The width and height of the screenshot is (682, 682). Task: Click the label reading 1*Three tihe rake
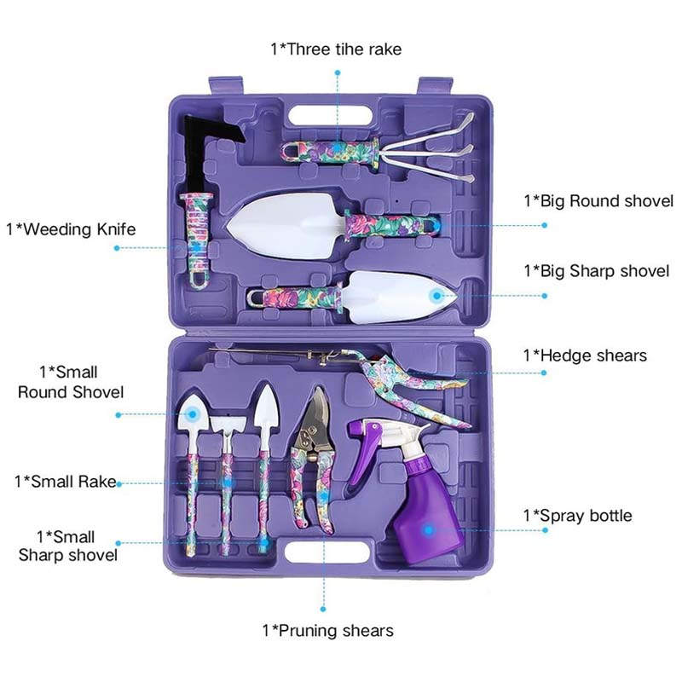coord(336,49)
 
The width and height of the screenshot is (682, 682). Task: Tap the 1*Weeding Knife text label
coord(71,229)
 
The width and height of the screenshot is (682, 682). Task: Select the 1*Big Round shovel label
coord(598,201)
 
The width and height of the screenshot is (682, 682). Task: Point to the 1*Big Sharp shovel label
coord(596,271)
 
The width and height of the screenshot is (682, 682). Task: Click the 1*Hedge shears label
coord(585,355)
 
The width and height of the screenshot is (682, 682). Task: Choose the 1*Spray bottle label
coord(578,516)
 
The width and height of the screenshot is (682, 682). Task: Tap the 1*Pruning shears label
coord(328,631)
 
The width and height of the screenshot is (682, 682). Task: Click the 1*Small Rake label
coord(66,482)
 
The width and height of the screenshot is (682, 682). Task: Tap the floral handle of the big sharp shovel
coord(295,297)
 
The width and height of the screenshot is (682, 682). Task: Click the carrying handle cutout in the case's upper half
coord(331,117)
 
